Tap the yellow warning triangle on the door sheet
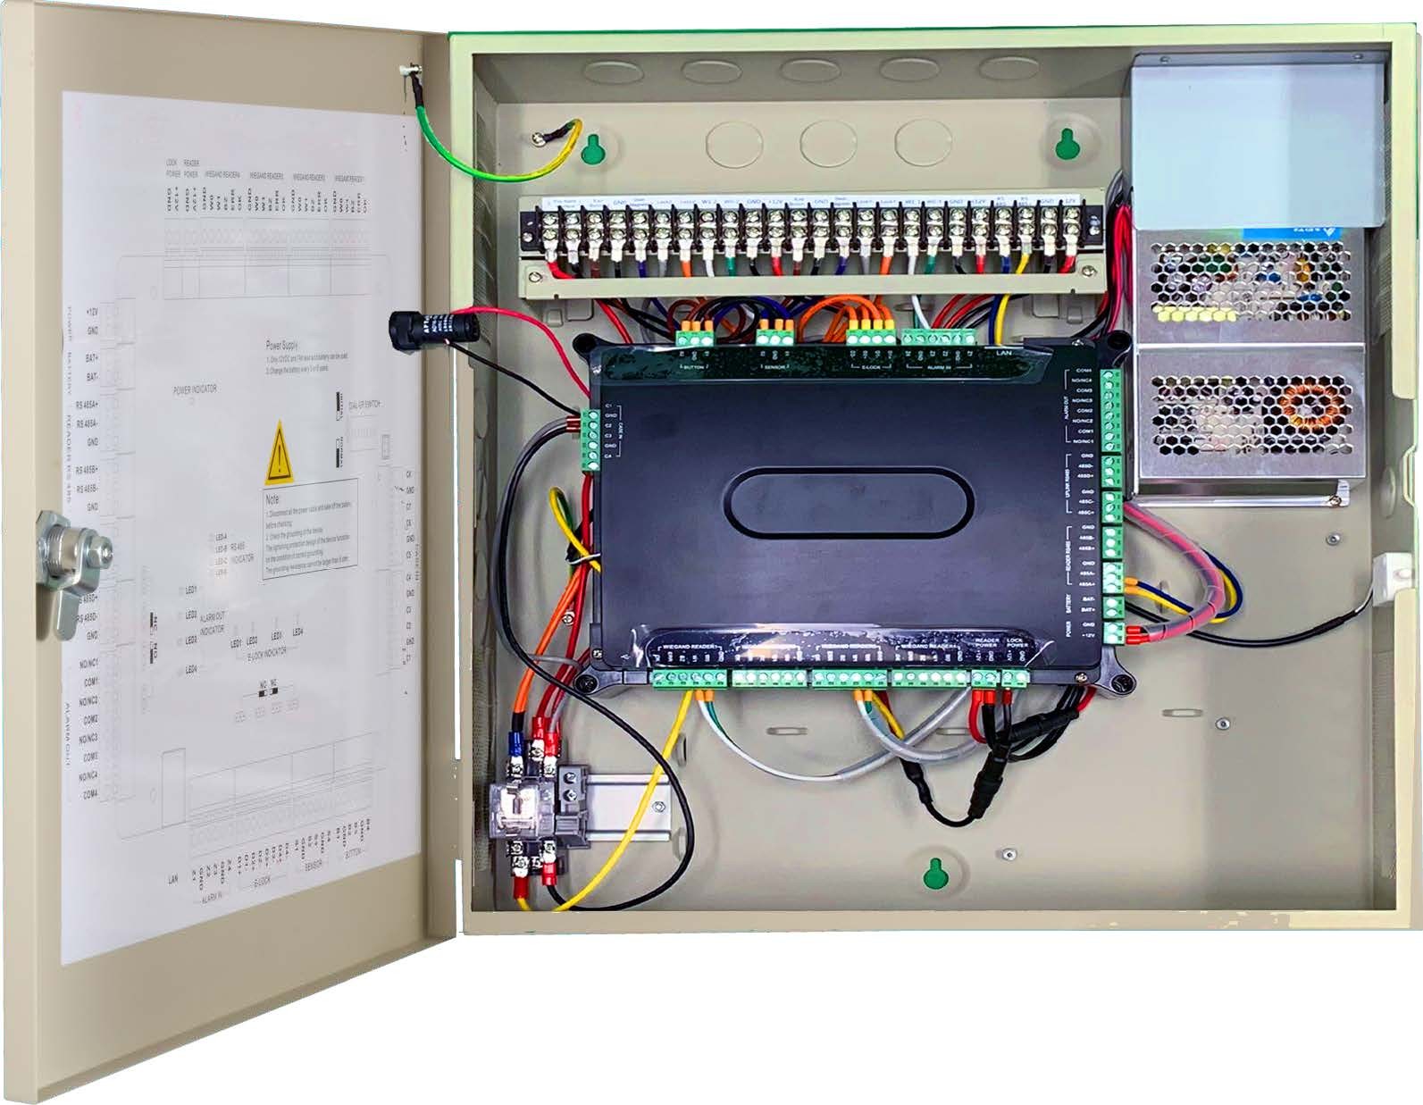[279, 454]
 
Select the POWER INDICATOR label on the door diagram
[195, 389]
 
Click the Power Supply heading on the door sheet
[282, 344]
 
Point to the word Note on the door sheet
[272, 500]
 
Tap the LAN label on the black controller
[1004, 353]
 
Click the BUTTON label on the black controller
[694, 367]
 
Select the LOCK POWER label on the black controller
[1017, 643]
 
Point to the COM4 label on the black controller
[1084, 370]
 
